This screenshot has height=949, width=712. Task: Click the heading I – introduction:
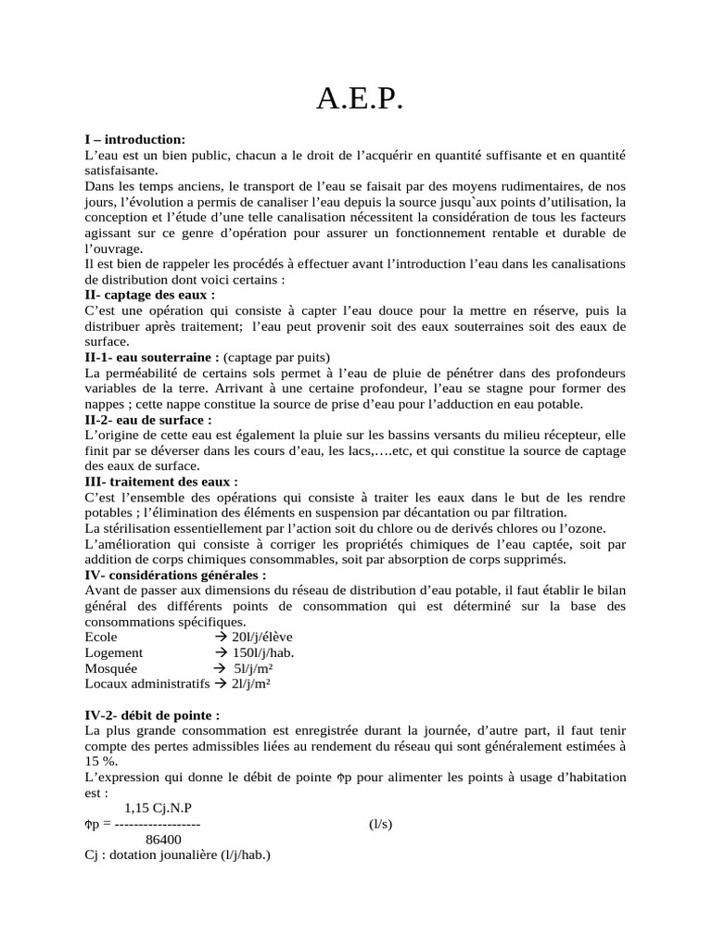pyautogui.click(x=135, y=138)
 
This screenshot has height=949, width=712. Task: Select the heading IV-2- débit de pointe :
pyautogui.click(x=152, y=715)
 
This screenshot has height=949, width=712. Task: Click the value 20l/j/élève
pyautogui.click(x=254, y=638)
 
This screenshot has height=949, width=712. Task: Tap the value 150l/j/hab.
pyautogui.click(x=257, y=652)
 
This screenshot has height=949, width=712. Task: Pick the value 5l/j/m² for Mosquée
pyautogui.click(x=252, y=668)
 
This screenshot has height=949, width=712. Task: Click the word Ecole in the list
pyautogui.click(x=101, y=638)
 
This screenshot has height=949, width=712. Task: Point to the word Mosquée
pyautogui.click(x=110, y=668)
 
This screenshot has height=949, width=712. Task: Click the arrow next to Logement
pyautogui.click(x=221, y=652)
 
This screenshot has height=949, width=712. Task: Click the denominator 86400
pyautogui.click(x=163, y=840)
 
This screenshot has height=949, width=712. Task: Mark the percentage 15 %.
pyautogui.click(x=99, y=761)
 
